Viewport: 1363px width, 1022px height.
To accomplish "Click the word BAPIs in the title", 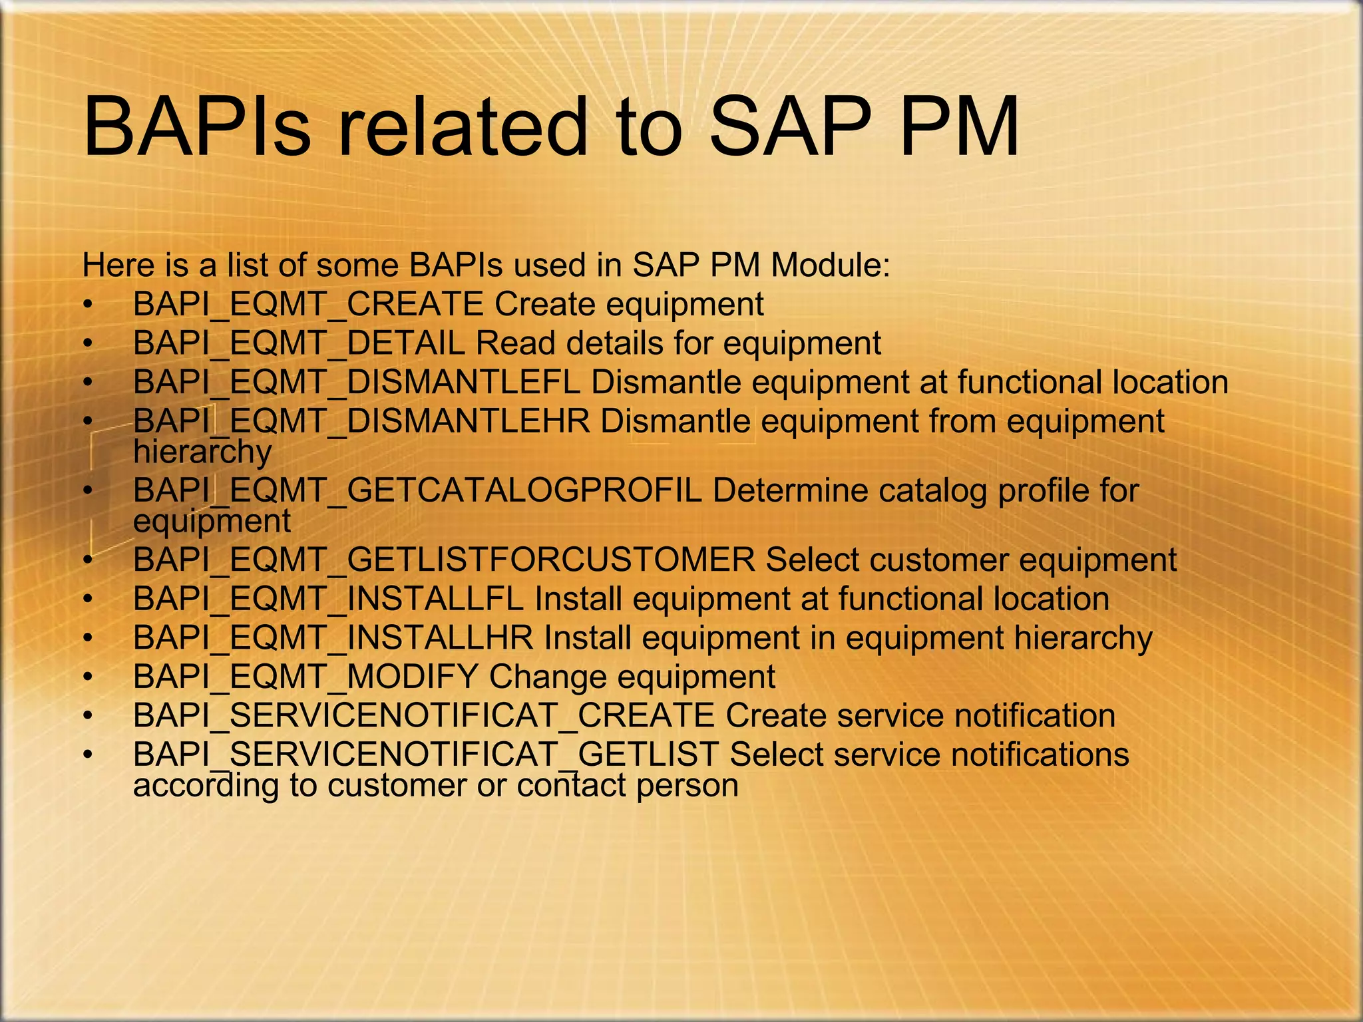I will pos(197,126).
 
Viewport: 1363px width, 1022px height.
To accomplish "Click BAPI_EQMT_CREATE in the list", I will pos(308,305).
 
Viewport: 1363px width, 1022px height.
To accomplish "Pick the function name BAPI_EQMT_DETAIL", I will pos(299,344).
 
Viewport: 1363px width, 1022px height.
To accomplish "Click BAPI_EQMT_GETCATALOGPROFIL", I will pos(417,491).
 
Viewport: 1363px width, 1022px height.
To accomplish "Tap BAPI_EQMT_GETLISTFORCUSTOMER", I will pos(444,560).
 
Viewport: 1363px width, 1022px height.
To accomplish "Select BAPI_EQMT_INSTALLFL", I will pos(328,599).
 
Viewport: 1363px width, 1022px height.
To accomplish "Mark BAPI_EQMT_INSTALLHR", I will pos(333,638).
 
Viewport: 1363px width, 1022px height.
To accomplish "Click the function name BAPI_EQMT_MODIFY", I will pos(305,677).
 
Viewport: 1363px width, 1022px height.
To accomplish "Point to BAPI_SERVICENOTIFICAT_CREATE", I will pos(423,716).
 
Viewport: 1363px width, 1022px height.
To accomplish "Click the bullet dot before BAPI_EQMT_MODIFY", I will pos(87,678).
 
